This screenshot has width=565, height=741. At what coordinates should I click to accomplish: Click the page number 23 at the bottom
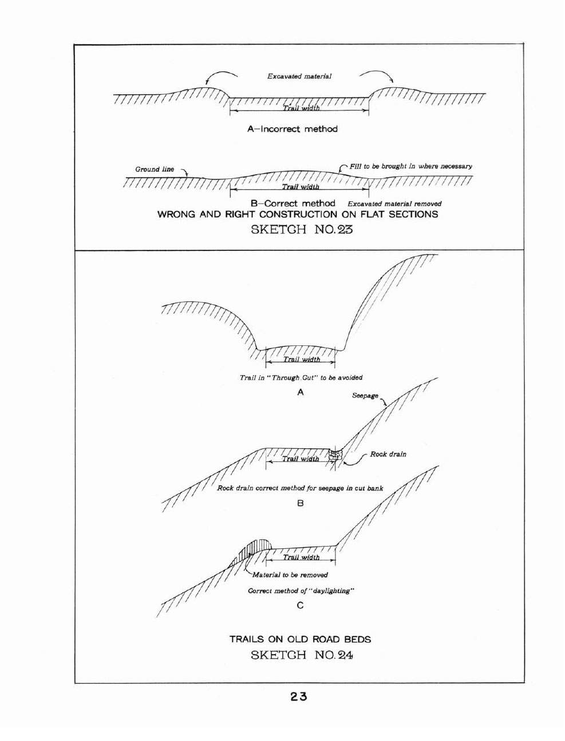(299, 697)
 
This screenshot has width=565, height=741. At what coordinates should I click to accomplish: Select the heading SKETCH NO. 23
(302, 229)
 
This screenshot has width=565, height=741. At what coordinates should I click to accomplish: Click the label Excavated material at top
(299, 76)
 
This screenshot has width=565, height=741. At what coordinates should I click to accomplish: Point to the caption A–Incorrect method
(293, 129)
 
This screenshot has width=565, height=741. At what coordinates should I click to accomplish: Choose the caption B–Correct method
(293, 204)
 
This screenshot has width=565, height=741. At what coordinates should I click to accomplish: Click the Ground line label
(155, 169)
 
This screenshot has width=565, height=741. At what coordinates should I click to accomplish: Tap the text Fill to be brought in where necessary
(410, 166)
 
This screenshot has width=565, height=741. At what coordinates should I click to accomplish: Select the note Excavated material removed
(394, 204)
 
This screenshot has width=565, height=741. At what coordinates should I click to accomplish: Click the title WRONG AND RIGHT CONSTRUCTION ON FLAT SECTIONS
(298, 214)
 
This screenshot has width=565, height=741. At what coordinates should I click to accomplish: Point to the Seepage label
(365, 396)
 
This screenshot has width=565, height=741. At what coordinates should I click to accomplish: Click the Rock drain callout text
(388, 455)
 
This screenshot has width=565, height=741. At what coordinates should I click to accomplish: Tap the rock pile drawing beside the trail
(335, 455)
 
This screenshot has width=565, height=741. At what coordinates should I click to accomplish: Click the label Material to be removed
(290, 575)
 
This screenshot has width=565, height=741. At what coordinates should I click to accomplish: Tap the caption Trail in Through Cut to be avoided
(301, 377)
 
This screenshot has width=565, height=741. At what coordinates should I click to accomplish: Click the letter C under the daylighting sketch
(300, 605)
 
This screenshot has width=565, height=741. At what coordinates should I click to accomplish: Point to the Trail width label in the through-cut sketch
(302, 359)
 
